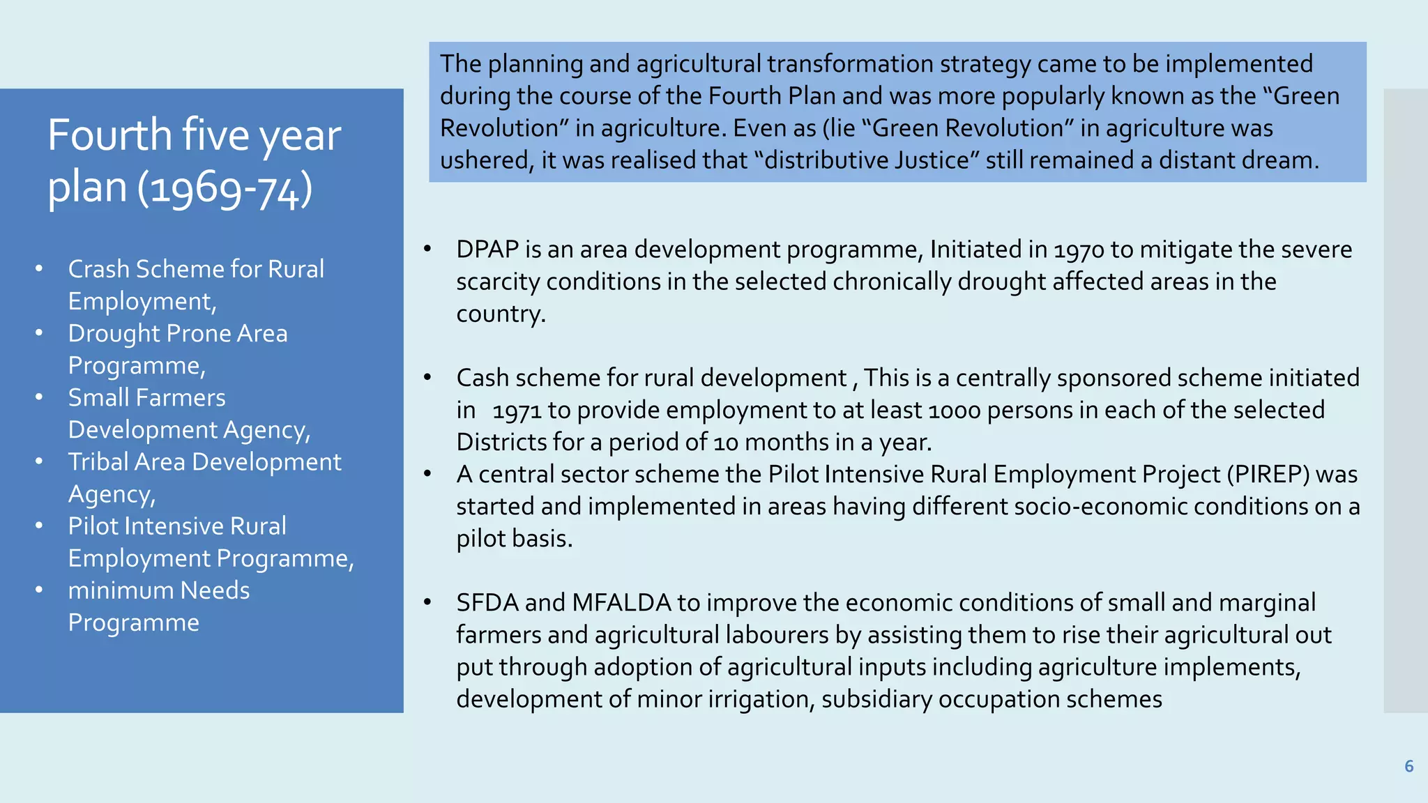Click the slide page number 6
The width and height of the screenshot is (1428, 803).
pos(1408,767)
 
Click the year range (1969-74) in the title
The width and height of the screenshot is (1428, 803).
pos(225,188)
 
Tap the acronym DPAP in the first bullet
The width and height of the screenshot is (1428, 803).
pos(488,250)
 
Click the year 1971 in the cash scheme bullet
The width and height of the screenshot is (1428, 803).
pos(517,411)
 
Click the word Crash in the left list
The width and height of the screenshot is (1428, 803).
pos(98,269)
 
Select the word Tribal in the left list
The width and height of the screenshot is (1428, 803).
pos(98,462)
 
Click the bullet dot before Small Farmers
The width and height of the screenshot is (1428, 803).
pos(40,397)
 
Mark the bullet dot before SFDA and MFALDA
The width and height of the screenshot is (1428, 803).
pos(428,602)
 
